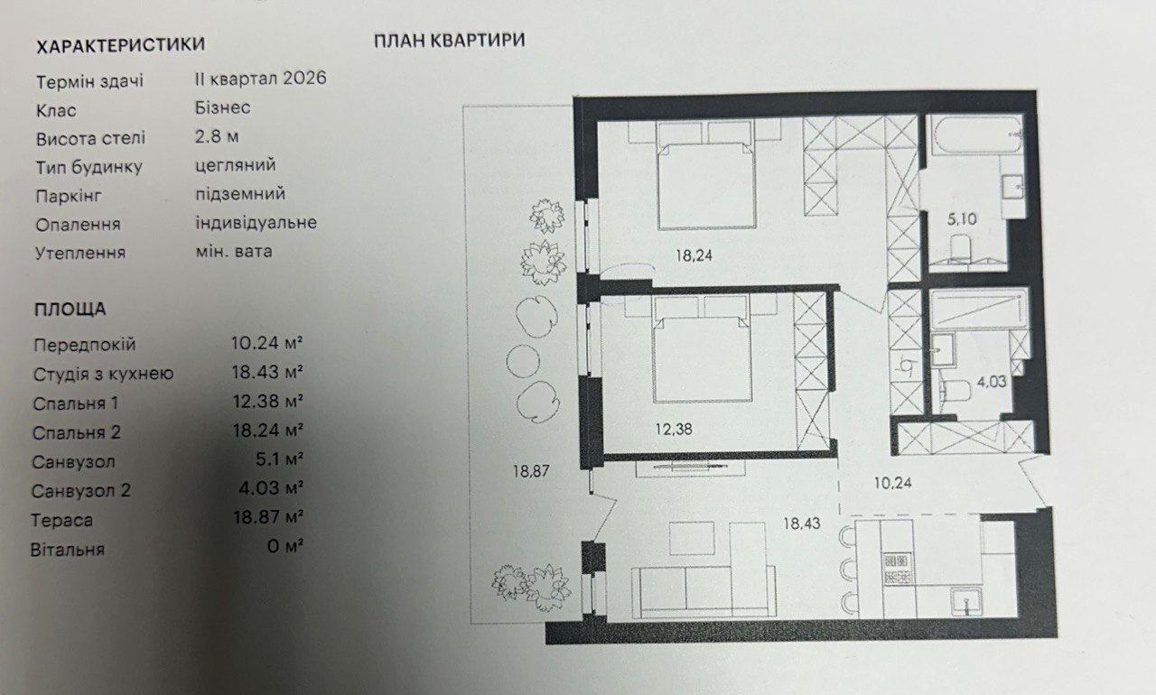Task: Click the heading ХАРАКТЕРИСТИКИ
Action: (x=121, y=45)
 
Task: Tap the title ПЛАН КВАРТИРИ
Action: (x=450, y=41)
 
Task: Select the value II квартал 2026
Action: (x=261, y=79)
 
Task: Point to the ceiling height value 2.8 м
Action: (x=217, y=136)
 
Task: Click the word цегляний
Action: (x=236, y=165)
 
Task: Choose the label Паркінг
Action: (x=69, y=197)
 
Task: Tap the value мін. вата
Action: (x=234, y=252)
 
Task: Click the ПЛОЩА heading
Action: (x=70, y=310)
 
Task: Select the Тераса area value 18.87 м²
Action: (x=268, y=516)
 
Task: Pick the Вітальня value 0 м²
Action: (x=284, y=546)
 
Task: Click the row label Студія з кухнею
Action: (x=103, y=375)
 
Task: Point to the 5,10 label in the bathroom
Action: (x=962, y=219)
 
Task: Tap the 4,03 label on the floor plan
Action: (x=992, y=382)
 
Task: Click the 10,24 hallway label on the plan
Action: (x=893, y=483)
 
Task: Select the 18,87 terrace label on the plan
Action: (x=531, y=471)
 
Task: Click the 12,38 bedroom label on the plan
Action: (x=674, y=429)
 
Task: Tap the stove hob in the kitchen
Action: (x=897, y=569)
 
